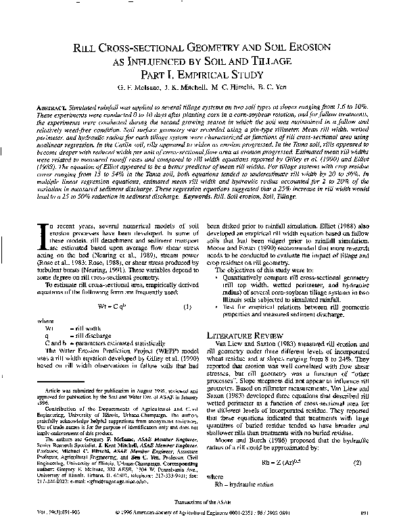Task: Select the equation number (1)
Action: click(x=187, y=284)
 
